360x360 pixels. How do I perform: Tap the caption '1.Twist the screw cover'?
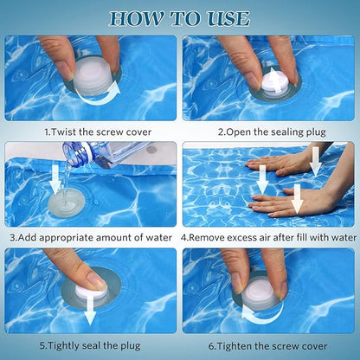click(x=91, y=132)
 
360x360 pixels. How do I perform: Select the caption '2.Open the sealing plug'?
click(x=269, y=132)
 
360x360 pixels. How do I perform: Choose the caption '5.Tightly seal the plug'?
click(x=91, y=344)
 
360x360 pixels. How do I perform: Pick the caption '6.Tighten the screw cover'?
click(x=269, y=344)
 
